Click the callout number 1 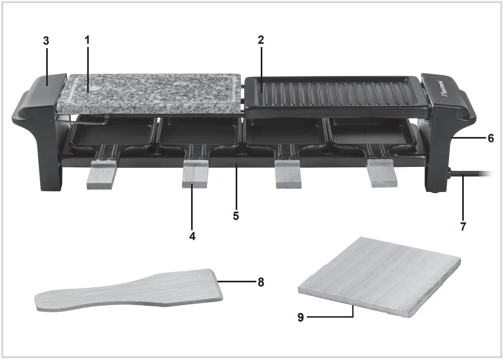point(87,40)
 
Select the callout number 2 point(261,40)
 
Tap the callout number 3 point(46,41)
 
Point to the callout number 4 point(192,236)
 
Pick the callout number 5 point(236,216)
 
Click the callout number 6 point(490,138)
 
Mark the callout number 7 point(463,227)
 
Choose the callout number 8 point(261,282)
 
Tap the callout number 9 point(301,317)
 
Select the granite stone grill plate point(151,94)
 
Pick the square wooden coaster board point(380,277)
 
